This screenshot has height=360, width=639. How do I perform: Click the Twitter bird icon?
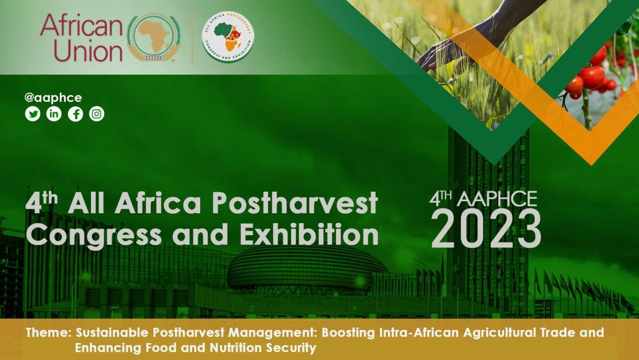33,114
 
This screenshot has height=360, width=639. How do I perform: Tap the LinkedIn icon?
54,114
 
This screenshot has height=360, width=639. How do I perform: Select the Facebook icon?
75,114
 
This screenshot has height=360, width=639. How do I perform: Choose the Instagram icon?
97,114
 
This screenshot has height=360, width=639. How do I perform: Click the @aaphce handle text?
53,98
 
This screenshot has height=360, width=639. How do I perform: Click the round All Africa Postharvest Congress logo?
228,36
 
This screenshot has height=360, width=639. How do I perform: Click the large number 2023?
486,229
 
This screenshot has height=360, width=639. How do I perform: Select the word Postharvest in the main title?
295,203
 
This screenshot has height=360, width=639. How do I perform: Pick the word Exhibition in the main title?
309,235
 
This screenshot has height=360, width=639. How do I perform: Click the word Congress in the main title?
94,236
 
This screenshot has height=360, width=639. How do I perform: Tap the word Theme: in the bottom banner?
48,333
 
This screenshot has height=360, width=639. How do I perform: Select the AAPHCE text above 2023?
497,199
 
